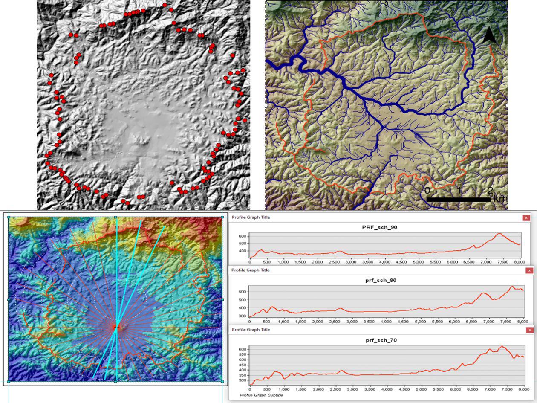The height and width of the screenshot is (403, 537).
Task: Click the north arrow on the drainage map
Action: pos(489,34)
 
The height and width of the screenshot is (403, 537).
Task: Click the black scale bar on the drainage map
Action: pos(459,200)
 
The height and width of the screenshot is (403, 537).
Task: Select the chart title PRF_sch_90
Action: pos(379,227)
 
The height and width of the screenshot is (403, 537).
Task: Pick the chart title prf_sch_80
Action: pos(380,280)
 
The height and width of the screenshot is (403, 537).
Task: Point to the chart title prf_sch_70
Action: pos(380,340)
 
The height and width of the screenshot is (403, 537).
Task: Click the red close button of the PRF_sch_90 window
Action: pos(526,217)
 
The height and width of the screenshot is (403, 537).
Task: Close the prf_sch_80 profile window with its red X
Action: pos(529,270)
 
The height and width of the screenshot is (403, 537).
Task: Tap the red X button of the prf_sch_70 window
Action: pos(530,330)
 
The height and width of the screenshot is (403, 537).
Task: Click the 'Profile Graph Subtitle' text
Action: pos(261,395)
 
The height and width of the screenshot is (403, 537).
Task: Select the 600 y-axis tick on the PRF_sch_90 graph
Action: pos(243,236)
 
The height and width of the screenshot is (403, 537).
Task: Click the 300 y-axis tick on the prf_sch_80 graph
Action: pos(243,316)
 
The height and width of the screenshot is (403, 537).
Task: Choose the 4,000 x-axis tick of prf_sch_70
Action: pos(387,389)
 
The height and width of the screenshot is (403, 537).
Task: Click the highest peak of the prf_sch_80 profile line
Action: pos(512,287)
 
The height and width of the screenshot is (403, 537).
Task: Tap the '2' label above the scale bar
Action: pos(491,190)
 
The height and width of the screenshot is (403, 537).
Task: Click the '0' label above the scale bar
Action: pos(427,190)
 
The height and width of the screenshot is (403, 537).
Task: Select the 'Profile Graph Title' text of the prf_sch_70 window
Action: pos(251,330)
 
